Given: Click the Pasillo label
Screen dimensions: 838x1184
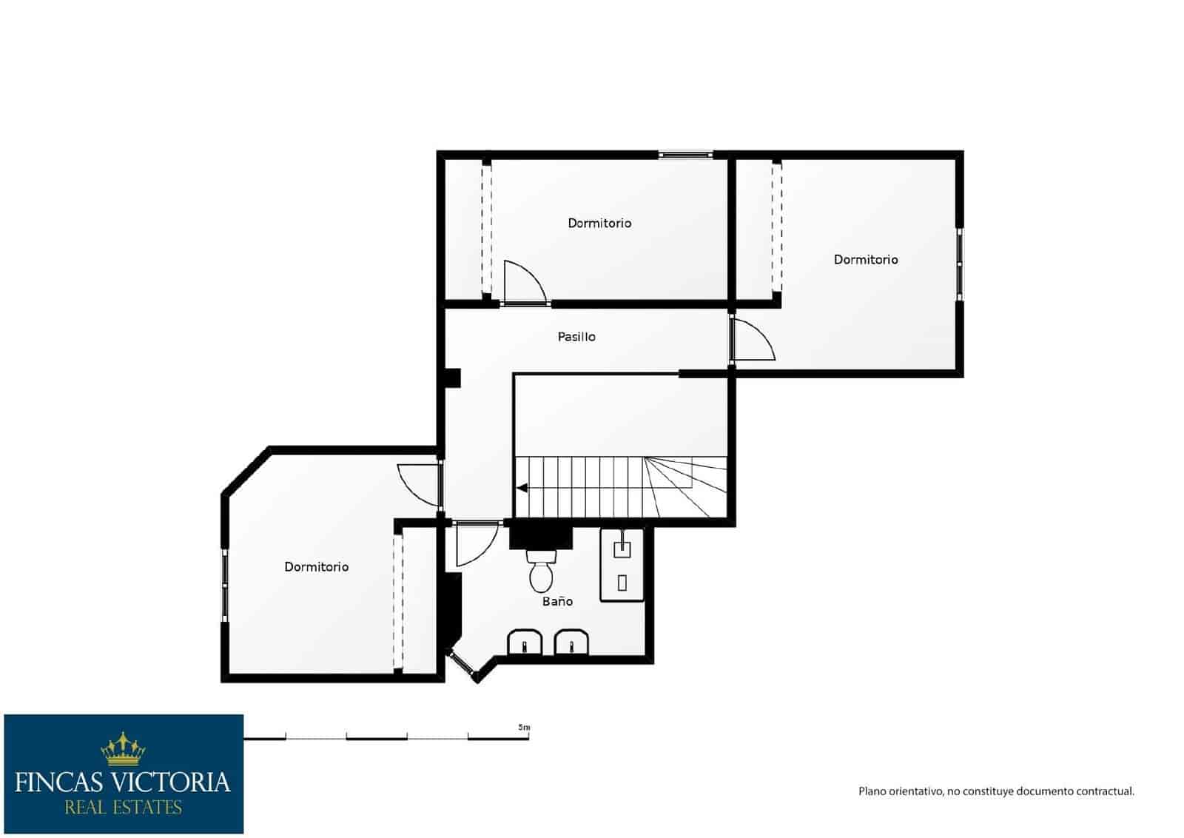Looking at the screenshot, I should pyautogui.click(x=576, y=337).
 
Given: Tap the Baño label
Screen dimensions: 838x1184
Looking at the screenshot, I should pyautogui.click(x=557, y=601).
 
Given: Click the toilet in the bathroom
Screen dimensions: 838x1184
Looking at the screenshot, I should pyautogui.click(x=542, y=571).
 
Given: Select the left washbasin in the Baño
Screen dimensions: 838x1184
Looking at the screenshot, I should pyautogui.click(x=524, y=643).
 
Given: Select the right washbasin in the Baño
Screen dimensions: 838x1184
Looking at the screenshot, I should pyautogui.click(x=571, y=643).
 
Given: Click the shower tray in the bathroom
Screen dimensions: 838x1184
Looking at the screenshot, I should pyautogui.click(x=622, y=564).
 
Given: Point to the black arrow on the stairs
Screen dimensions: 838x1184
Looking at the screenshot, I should pyautogui.click(x=522, y=488).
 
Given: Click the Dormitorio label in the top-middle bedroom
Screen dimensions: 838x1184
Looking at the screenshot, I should pyautogui.click(x=599, y=223).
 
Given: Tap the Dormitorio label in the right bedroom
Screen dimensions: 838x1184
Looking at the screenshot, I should pyautogui.click(x=866, y=259).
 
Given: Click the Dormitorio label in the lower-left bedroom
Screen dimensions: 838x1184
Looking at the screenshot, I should pyautogui.click(x=316, y=566).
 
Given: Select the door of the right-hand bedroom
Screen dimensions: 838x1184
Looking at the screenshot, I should pyautogui.click(x=751, y=341).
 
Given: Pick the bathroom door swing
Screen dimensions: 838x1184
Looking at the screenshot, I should pyautogui.click(x=474, y=545).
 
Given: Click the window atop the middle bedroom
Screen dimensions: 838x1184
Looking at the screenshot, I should pyautogui.click(x=684, y=155).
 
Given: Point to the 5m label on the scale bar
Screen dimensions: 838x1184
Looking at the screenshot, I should pyautogui.click(x=524, y=728).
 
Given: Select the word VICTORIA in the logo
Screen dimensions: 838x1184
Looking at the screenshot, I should pyautogui.click(x=169, y=782).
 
